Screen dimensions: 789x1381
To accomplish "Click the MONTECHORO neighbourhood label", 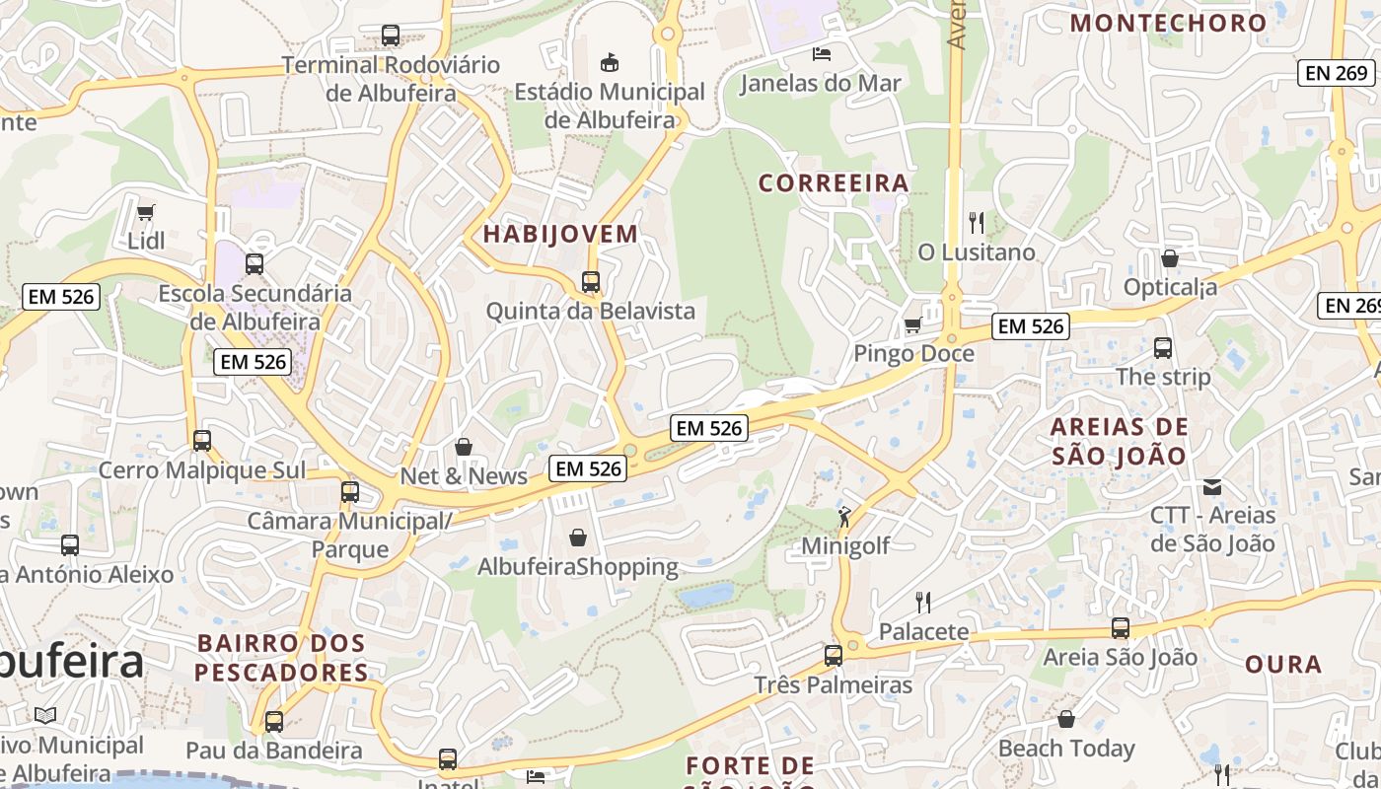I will [x=1168, y=23].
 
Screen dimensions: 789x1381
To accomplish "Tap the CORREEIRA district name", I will [x=834, y=183].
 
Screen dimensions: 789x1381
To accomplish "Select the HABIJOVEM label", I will [x=560, y=235].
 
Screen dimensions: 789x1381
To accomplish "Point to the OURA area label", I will [x=1283, y=664].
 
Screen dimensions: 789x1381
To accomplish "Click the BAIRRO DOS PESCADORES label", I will [x=281, y=658].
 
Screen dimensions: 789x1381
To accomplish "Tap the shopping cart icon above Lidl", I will [x=146, y=212].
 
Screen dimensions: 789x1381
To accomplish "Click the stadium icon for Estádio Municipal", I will [x=611, y=62].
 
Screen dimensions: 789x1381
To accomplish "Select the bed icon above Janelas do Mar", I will [x=821, y=53].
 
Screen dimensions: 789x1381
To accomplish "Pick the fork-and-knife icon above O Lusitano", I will [x=977, y=222].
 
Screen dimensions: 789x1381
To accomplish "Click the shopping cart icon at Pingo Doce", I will [x=913, y=324].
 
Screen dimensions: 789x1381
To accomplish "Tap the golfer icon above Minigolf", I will [x=844, y=516].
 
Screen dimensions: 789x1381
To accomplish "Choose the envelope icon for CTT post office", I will [x=1212, y=486].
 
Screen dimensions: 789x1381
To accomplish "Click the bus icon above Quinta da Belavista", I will [x=591, y=282].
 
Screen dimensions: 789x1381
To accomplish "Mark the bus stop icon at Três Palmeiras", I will [x=834, y=655].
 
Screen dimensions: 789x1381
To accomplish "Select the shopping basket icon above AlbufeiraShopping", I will [x=578, y=538].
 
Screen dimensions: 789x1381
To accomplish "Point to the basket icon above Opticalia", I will [x=1169, y=258].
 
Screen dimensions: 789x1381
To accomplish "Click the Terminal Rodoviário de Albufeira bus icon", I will [x=391, y=36].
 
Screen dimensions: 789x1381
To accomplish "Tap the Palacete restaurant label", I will [x=923, y=631].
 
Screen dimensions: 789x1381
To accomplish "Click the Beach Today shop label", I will [x=1066, y=749].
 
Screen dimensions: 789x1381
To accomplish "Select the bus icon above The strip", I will [x=1163, y=348].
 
